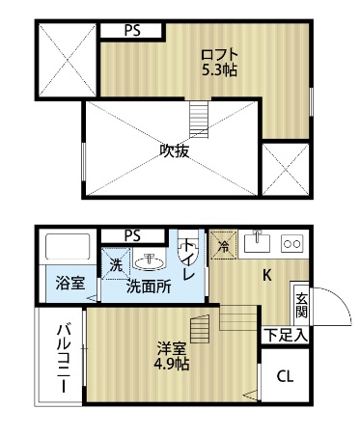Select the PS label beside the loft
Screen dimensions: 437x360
click(x=131, y=29)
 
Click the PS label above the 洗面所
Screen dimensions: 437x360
click(x=131, y=234)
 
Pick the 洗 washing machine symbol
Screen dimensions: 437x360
click(x=115, y=264)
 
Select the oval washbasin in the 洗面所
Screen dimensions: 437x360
click(x=150, y=260)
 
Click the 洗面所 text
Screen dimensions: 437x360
click(x=151, y=287)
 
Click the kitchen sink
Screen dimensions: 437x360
click(x=258, y=241)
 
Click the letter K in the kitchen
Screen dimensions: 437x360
click(x=267, y=274)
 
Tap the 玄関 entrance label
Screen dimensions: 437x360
click(x=301, y=306)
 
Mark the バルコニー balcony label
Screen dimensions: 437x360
click(x=61, y=357)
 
